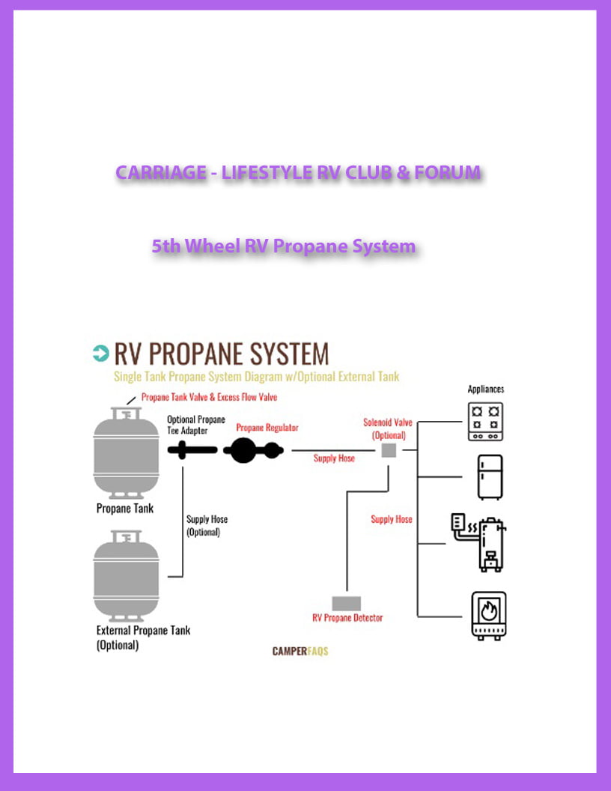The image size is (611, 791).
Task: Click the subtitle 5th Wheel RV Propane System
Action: tap(283, 246)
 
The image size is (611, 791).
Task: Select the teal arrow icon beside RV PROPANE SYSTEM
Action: tap(100, 353)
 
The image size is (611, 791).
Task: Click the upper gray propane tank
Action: tap(126, 453)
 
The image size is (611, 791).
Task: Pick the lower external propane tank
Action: tap(126, 575)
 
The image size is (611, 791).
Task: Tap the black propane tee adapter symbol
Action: tap(192, 450)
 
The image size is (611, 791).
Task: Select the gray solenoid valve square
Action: tap(389, 450)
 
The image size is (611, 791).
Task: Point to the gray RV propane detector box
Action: tap(347, 603)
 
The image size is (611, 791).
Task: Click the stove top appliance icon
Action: tap(485, 422)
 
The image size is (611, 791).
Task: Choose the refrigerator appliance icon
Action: tap(490, 476)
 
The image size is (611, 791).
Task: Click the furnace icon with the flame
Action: tap(488, 615)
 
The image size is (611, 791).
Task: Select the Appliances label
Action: tap(486, 390)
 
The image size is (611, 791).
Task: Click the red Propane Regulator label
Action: tap(267, 428)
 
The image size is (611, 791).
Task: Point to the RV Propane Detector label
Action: tap(347, 618)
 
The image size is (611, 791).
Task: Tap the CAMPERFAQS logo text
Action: tap(300, 651)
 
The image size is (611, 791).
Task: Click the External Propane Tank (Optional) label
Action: tap(143, 637)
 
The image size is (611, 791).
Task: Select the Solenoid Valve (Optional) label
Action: tap(388, 428)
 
